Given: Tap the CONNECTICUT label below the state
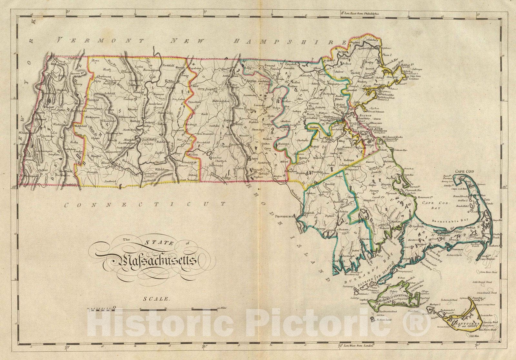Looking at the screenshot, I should tap(145, 205).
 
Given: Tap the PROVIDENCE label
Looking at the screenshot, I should tap(285, 216).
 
